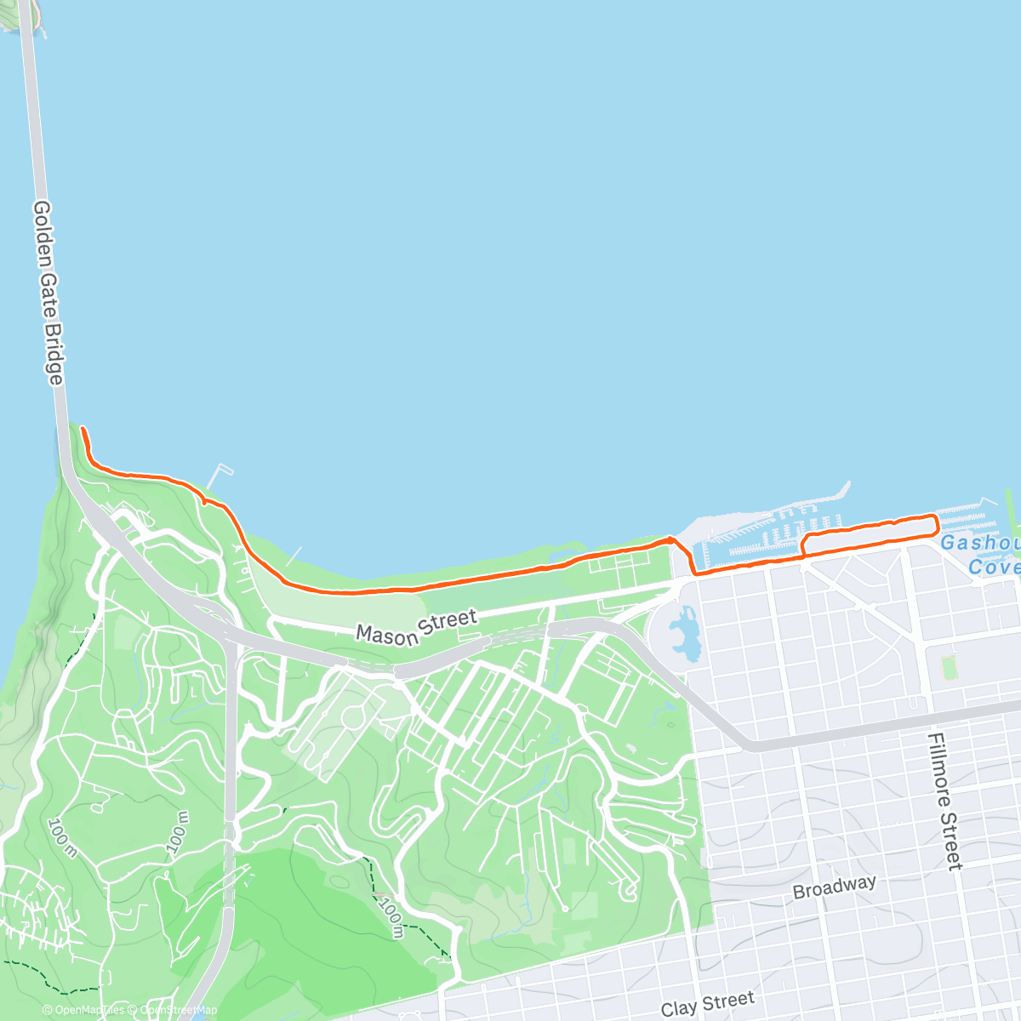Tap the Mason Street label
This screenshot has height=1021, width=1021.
point(416,627)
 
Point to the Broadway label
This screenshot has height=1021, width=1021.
point(834,887)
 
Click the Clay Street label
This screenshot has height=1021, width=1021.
point(707,1004)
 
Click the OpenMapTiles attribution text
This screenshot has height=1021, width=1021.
point(83,1010)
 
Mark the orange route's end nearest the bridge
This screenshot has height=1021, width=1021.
point(83,429)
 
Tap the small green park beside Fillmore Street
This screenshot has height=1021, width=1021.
point(950,666)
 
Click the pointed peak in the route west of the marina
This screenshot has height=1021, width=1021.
point(671,539)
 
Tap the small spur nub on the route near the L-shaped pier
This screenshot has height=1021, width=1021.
point(205,500)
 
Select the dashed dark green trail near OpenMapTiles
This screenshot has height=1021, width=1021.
point(51,978)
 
